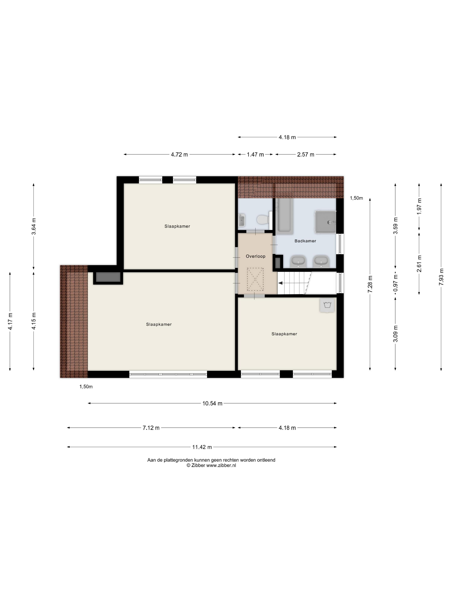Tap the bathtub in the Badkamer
tap(285, 216)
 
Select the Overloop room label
tap(255, 256)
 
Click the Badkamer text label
tap(305, 241)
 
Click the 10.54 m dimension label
tap(212, 403)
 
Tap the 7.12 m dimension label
tap(151, 428)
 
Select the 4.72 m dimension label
tap(179, 155)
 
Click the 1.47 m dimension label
tap(255, 155)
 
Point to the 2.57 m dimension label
tap(305, 155)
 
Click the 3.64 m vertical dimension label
tap(34, 226)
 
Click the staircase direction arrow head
tap(280, 283)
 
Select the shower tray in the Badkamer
tap(325, 222)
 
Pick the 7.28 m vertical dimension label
tap(370, 284)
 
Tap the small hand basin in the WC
tap(241, 220)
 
